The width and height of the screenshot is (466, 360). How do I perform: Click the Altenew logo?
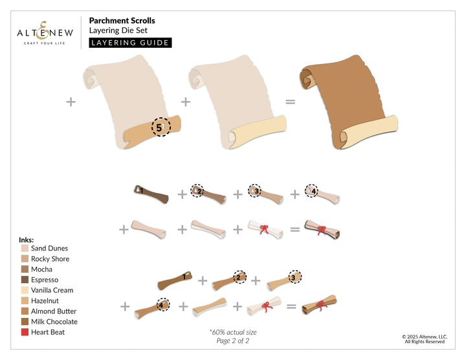point(43,30)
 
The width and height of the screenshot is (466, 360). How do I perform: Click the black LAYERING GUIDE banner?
point(130,43)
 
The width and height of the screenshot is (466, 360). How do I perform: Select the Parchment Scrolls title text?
point(122,20)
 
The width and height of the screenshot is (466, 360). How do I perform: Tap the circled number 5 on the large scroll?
point(159,128)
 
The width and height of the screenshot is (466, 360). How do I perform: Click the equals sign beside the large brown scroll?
point(291,102)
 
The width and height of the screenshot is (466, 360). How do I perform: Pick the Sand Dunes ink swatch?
point(25,249)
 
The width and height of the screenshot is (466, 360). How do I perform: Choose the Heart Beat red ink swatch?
point(25,332)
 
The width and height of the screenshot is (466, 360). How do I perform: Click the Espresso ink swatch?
point(25,280)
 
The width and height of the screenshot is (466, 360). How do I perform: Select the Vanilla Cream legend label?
point(52,290)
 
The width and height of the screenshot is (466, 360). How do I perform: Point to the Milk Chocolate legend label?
point(54,322)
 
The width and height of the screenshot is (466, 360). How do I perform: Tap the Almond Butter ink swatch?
point(25,311)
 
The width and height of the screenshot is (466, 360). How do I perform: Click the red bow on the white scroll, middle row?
point(264,228)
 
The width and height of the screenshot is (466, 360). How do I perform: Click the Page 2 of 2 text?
point(232,341)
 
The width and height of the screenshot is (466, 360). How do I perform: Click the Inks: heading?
point(27,239)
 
